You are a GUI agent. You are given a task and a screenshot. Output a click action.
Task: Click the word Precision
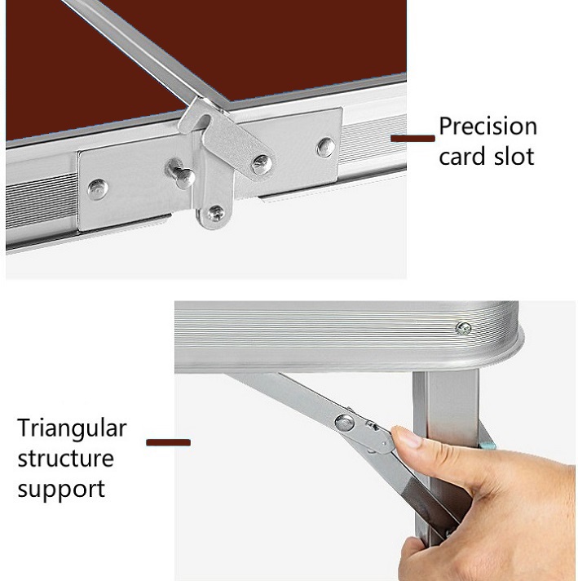point(488,126)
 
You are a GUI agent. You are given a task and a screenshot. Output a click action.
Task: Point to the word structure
point(65,459)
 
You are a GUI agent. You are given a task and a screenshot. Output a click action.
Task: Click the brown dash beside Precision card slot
point(413,138)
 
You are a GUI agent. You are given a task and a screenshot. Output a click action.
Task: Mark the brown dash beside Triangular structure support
point(168,442)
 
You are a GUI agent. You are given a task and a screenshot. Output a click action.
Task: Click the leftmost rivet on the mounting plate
point(98,189)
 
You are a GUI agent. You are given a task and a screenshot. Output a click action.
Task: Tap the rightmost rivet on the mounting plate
point(326,147)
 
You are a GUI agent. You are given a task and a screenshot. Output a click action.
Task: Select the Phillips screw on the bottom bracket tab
point(216,213)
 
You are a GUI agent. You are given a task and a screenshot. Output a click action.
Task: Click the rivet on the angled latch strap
point(263,165)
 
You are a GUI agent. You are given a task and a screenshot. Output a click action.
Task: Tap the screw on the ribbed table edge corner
point(463,328)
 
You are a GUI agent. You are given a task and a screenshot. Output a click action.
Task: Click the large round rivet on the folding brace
point(344,423)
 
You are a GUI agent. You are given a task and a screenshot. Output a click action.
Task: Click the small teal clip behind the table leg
point(489,445)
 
